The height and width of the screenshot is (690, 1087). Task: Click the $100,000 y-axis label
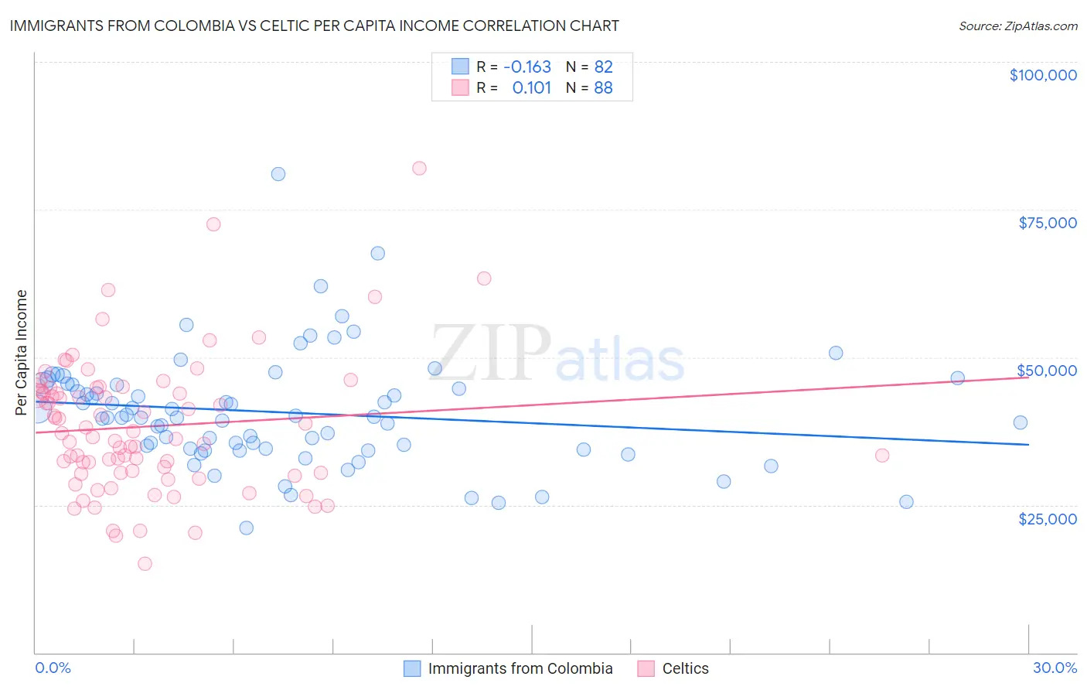[x=1043, y=75]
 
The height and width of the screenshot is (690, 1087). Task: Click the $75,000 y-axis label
[x=1048, y=223]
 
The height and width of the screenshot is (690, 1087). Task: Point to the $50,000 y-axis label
[x=1048, y=371]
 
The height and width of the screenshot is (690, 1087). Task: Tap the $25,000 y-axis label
[x=1048, y=518]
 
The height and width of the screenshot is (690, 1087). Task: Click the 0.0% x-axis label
[x=53, y=668]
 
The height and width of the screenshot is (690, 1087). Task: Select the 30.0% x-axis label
[x=1055, y=668]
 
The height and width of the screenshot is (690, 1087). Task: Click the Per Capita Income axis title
[x=22, y=352]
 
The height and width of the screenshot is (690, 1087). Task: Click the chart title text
[x=314, y=26]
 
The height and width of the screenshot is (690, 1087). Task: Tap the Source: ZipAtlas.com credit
[x=1017, y=26]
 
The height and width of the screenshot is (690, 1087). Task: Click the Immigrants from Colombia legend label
[x=520, y=668]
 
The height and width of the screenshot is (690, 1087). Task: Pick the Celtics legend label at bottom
[x=685, y=668]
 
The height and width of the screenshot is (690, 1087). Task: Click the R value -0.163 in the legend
[x=527, y=67]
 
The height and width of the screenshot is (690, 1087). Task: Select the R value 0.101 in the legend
[x=532, y=87]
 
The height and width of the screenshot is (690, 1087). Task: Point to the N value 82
[x=603, y=67]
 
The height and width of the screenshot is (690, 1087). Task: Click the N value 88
[x=603, y=87]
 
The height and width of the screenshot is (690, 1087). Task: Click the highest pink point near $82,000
[x=419, y=168]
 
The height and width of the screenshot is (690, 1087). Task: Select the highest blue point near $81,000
[x=278, y=174]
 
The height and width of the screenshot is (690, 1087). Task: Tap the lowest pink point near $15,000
[x=145, y=564]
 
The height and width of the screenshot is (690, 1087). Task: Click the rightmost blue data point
[x=1021, y=422]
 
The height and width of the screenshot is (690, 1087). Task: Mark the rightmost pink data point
[x=882, y=455]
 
